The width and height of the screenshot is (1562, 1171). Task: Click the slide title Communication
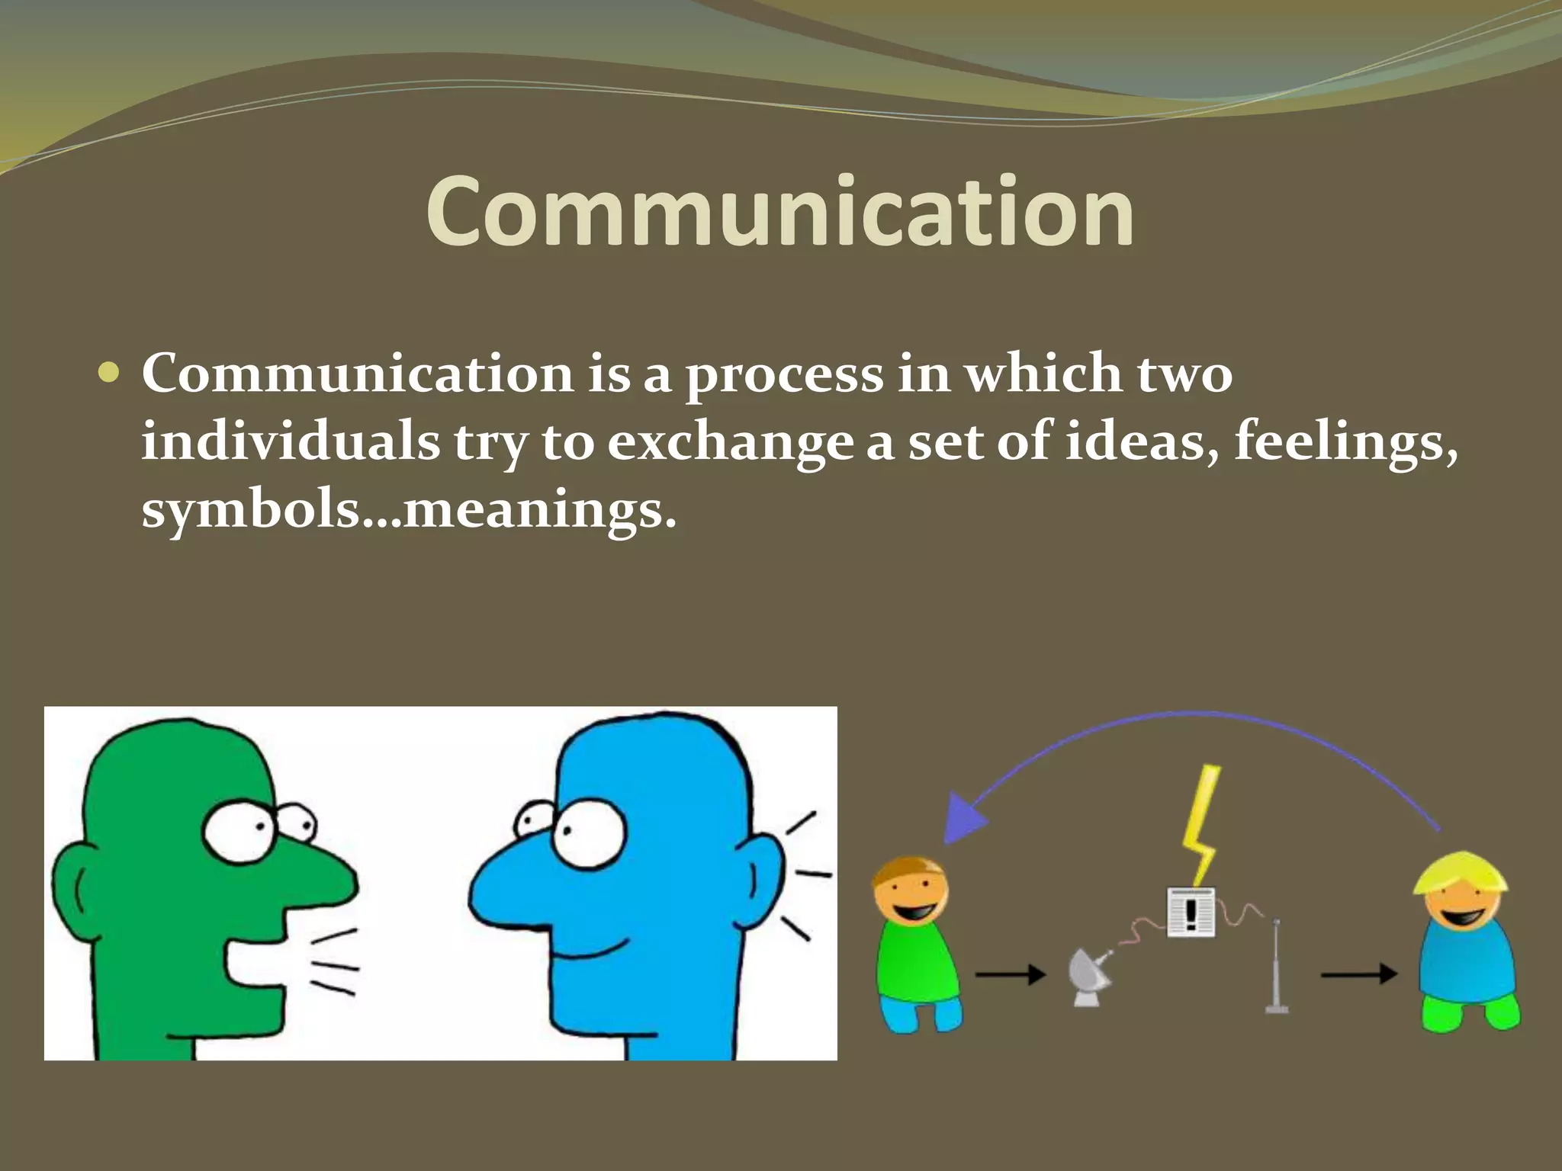[x=779, y=211]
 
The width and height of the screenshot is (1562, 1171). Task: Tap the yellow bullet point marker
[x=110, y=373]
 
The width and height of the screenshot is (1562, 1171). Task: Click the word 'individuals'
[x=291, y=441]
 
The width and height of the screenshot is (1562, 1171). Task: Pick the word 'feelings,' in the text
[x=1345, y=443]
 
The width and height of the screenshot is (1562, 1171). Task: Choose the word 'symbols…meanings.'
[x=408, y=510]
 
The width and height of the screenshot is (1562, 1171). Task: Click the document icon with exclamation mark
[x=1191, y=912]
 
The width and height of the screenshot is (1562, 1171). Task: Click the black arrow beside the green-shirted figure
[x=1010, y=974]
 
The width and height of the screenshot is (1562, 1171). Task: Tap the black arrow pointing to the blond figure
[x=1358, y=974]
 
